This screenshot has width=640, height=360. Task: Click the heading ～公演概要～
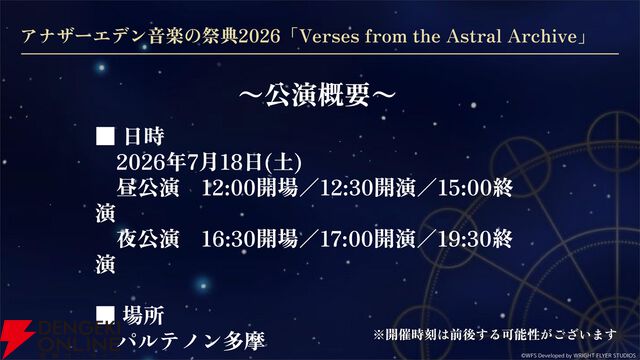click(319, 94)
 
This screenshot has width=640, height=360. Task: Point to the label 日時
click(144, 135)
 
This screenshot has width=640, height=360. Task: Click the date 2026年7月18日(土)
click(208, 161)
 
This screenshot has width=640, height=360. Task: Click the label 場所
click(144, 315)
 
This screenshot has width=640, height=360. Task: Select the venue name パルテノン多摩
click(190, 341)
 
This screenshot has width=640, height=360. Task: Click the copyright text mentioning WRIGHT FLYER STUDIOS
click(575, 353)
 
